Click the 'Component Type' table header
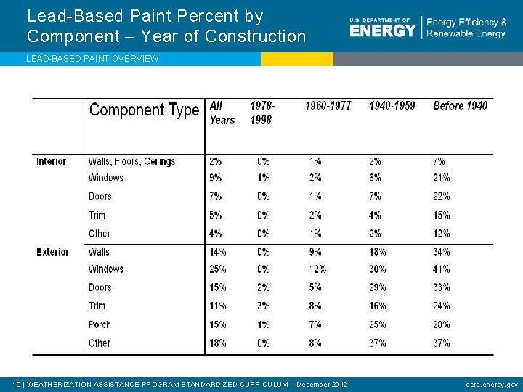tap(144, 110)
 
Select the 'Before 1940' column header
tap(460, 106)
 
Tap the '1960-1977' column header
tap(328, 106)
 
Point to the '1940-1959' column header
tap(392, 106)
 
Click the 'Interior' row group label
tap(51, 161)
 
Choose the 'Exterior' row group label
tap(53, 252)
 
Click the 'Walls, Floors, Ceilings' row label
tap(131, 161)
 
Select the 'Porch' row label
tap(100, 324)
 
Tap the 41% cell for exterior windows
tap(441, 269)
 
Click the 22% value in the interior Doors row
tap(441, 197)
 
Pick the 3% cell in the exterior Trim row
tap(263, 306)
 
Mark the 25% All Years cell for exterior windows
tap(218, 269)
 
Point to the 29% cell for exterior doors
tap(378, 287)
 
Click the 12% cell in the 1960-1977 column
tap(317, 269)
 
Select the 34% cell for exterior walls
tap(441, 252)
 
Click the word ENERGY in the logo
tap(382, 30)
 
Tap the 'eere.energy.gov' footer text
tap(492, 384)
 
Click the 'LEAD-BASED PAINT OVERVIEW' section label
tap(92, 59)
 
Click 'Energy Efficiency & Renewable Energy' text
tap(466, 28)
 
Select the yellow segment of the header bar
tap(297, 59)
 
